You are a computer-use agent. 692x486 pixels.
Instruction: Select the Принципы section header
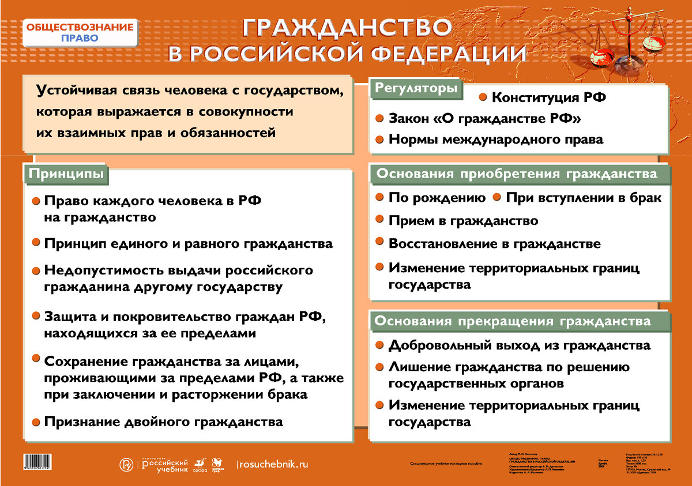pyautogui.click(x=67, y=174)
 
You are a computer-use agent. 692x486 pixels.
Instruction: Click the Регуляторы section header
pyautogui.click(x=417, y=88)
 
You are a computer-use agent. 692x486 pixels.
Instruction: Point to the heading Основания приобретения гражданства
pyautogui.click(x=517, y=174)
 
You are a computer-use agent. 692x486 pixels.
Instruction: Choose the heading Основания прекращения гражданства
pyautogui.click(x=514, y=321)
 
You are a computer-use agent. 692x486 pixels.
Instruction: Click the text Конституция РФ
pyautogui.click(x=548, y=97)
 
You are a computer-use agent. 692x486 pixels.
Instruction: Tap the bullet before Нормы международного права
pyautogui.click(x=379, y=139)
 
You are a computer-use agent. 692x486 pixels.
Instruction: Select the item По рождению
pyautogui.click(x=437, y=198)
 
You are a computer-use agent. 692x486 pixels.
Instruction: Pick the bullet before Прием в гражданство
pyautogui.click(x=379, y=220)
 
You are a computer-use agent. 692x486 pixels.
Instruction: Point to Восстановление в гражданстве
pyautogui.click(x=494, y=243)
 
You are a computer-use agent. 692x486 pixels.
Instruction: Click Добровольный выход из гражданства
pyautogui.click(x=519, y=345)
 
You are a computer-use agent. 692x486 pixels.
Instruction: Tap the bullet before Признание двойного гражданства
pyautogui.click(x=36, y=421)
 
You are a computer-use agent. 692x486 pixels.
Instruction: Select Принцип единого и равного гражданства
pyautogui.click(x=188, y=243)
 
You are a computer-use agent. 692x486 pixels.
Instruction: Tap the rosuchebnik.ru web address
pyautogui.click(x=273, y=464)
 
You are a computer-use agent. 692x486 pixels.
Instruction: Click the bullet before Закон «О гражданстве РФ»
pyautogui.click(x=379, y=118)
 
